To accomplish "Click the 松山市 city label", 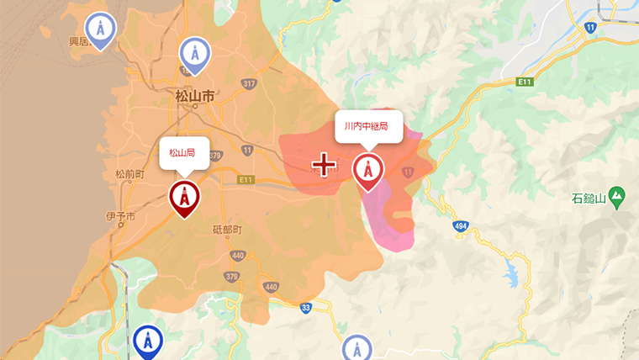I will tap(194, 96).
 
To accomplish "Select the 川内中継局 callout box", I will tap(367, 126).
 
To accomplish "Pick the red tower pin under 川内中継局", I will tap(367, 170).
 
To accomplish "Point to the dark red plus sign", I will tap(324, 164).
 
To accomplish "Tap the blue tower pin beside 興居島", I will tap(101, 30).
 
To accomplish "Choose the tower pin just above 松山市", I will tap(195, 55).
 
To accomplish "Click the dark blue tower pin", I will tap(148, 341).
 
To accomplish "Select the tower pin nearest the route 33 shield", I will tap(357, 349).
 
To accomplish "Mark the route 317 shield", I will tap(248, 83).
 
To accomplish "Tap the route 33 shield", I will tap(306, 308).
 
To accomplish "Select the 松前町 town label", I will tap(130, 174).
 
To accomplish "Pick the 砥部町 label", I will tap(227, 230).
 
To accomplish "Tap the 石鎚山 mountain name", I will tap(589, 199).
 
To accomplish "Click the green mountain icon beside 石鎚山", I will tap(618, 196).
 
